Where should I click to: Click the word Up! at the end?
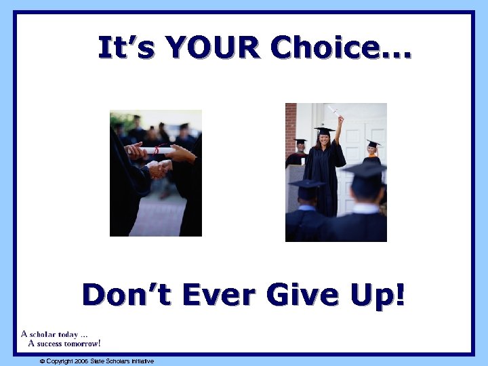coord(378,297)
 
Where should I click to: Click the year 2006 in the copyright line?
coord(81,361)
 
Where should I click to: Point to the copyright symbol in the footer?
coord(42,361)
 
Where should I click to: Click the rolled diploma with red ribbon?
coord(157,150)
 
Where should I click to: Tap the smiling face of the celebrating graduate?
coord(324,140)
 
